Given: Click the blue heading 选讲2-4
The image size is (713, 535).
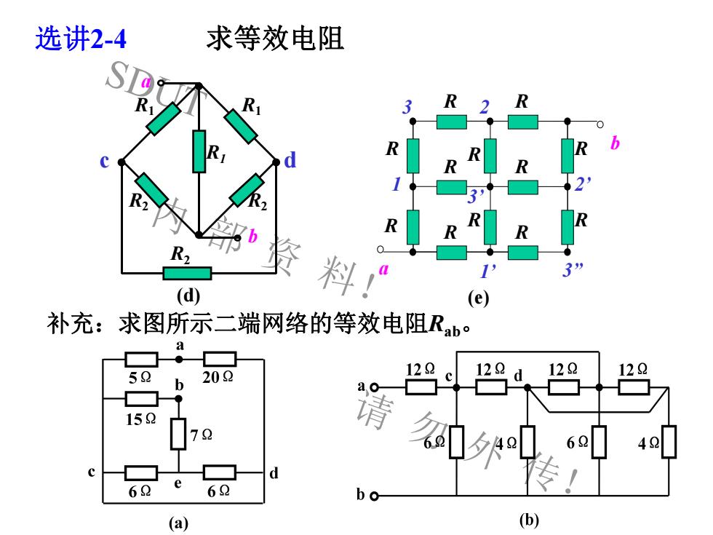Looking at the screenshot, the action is click(x=81, y=39).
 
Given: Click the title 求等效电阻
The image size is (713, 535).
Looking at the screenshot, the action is click(x=275, y=39).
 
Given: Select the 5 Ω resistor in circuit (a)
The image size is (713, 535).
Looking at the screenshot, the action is click(x=141, y=360).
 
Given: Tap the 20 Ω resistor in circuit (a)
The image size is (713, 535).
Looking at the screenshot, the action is click(x=220, y=360).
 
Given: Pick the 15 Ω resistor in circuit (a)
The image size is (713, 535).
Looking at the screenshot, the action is click(x=141, y=399).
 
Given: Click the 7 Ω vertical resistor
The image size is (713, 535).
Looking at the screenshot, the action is click(x=178, y=434).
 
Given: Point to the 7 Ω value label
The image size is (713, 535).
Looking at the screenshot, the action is click(x=202, y=435).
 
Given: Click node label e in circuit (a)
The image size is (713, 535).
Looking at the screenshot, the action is click(x=178, y=483).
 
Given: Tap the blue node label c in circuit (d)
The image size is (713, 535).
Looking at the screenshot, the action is click(x=105, y=161).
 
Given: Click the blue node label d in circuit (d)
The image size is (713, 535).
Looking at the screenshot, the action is click(x=290, y=161).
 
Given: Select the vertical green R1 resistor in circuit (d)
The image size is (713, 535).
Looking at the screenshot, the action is click(x=199, y=151).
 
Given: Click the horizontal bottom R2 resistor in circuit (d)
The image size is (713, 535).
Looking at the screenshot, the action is click(x=188, y=274).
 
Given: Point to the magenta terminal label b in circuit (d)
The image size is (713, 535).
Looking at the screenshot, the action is click(x=252, y=236).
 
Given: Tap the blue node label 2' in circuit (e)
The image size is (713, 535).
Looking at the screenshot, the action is click(x=583, y=183).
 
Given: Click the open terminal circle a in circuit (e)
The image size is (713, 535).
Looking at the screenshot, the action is click(x=381, y=249).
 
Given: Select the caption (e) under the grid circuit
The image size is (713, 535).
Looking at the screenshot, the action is click(x=479, y=298).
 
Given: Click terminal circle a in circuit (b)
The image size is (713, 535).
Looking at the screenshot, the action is click(x=374, y=387).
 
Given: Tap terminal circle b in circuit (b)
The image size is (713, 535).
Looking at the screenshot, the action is click(x=374, y=496).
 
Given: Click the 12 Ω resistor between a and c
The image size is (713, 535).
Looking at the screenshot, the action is click(x=421, y=387).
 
